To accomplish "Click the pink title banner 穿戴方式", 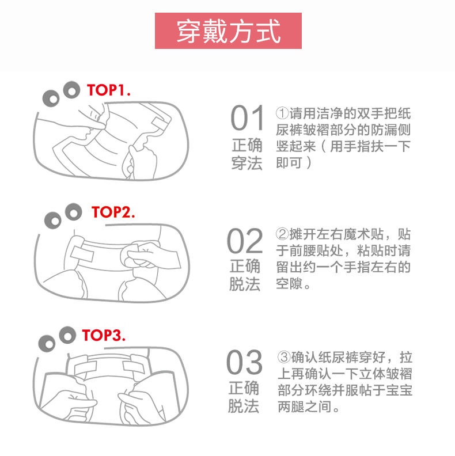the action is coord(228,31).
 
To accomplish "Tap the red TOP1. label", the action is coord(108,90).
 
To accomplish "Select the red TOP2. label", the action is coord(113,212).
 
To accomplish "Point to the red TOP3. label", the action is coord(104,335).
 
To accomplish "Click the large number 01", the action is coord(248,118).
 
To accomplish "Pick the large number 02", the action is coord(245,241).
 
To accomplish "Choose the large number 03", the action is coord(244,362).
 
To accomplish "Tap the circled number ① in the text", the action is coord(282,113).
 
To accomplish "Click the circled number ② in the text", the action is coord(282,234).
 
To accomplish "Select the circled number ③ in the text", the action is coord(283,357).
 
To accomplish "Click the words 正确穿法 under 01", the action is coord(247,154).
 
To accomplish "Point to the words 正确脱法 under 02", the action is coord(245,275).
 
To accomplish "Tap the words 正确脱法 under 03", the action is coord(244,397).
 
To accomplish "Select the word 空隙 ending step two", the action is coord(290,283).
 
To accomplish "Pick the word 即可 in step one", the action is coord(290,162).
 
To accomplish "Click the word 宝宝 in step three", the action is coord(399,390).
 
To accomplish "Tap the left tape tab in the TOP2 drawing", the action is coord(82,254).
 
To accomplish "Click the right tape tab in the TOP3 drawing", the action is coord(134,366).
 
